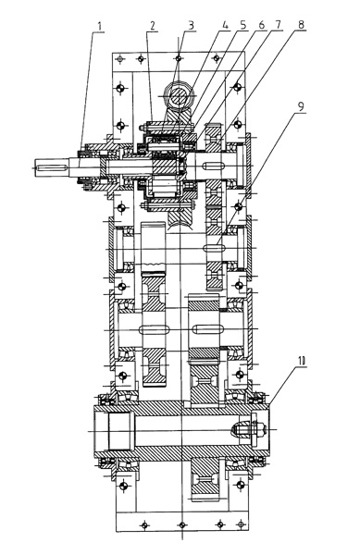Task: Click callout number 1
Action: click(100, 26)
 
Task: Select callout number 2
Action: click(153, 26)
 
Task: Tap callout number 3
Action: click(192, 25)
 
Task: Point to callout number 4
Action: click(224, 25)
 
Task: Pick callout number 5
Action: click(242, 25)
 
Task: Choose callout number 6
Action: click(262, 25)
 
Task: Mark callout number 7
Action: click(278, 25)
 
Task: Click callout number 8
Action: click(301, 25)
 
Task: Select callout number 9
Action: click(301, 107)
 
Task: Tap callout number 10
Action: click(302, 361)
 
